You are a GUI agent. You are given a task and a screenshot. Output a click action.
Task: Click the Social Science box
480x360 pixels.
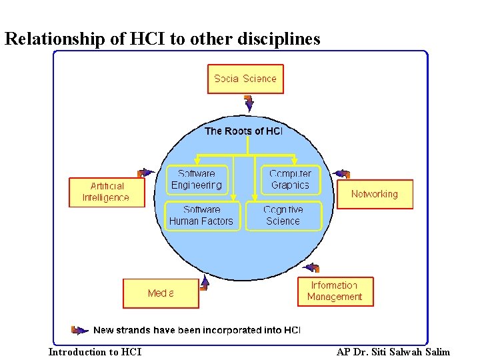click(245, 79)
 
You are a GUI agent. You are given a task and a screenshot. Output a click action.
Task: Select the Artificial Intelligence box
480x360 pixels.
click(106, 192)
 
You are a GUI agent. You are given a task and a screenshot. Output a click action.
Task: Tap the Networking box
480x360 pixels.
click(374, 194)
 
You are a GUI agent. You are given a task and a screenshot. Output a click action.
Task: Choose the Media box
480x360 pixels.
click(161, 293)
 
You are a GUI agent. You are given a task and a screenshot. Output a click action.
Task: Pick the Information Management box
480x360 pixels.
click(335, 291)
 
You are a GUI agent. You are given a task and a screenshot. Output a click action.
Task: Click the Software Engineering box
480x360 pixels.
click(197, 180)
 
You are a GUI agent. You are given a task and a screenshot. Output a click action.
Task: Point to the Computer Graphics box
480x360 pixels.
click(290, 180)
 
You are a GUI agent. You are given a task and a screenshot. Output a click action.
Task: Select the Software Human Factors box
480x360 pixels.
click(201, 216)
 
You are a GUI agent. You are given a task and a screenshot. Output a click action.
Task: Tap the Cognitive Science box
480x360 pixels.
click(283, 216)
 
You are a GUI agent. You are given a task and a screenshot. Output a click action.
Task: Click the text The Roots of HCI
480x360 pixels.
click(243, 131)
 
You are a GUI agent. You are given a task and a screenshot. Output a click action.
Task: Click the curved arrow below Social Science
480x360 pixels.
click(249, 103)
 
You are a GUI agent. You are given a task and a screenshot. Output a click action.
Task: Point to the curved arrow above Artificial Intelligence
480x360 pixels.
click(146, 173)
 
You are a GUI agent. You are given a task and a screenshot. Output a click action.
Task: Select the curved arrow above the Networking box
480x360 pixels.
click(341, 174)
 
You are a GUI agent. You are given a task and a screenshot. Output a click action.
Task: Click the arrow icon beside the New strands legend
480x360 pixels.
click(79, 329)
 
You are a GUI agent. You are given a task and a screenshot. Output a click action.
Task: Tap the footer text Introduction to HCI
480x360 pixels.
click(95, 352)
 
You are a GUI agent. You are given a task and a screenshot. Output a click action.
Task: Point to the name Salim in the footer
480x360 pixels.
click(437, 352)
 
